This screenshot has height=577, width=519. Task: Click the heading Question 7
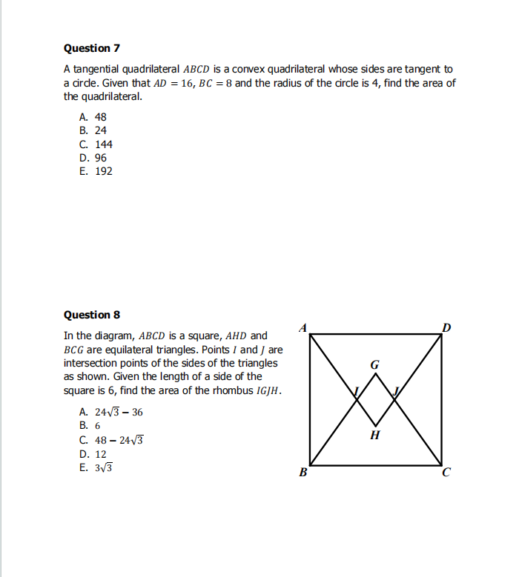92,48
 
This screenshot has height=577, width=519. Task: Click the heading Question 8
92,315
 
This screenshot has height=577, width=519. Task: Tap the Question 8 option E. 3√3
96,468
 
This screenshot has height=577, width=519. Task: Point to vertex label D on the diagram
445,327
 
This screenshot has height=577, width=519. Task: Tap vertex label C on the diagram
446,475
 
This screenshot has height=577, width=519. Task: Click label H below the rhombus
374,435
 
